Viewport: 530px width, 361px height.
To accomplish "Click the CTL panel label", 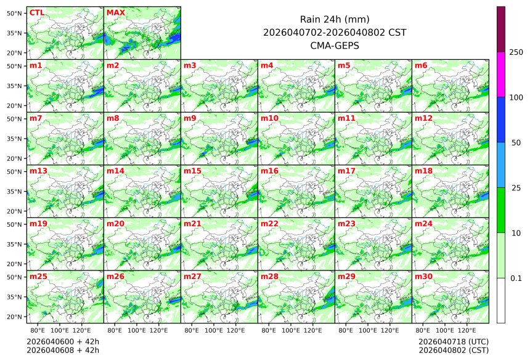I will pos(36,12).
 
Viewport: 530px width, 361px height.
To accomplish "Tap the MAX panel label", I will pos(115,12).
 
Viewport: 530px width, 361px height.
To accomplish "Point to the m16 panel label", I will pos(269,171).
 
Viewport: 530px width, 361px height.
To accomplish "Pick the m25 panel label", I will pos(38,277).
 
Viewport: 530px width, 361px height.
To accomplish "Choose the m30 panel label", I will pos(423,277).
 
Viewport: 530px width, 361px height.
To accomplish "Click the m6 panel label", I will pos(421,65).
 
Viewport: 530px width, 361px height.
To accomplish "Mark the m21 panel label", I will pos(192,224).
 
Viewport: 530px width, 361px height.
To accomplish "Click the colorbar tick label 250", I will pos(516,52).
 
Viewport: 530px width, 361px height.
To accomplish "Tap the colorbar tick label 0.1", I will pos(516,278).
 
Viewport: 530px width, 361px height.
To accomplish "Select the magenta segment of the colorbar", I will pos(501,75).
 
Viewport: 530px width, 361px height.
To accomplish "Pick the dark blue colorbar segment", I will pos(501,120).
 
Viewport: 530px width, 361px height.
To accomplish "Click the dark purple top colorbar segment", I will pos(501,29).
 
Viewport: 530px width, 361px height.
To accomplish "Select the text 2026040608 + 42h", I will pos(63,350).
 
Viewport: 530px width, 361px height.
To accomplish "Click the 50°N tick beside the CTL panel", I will pos(15,13).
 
